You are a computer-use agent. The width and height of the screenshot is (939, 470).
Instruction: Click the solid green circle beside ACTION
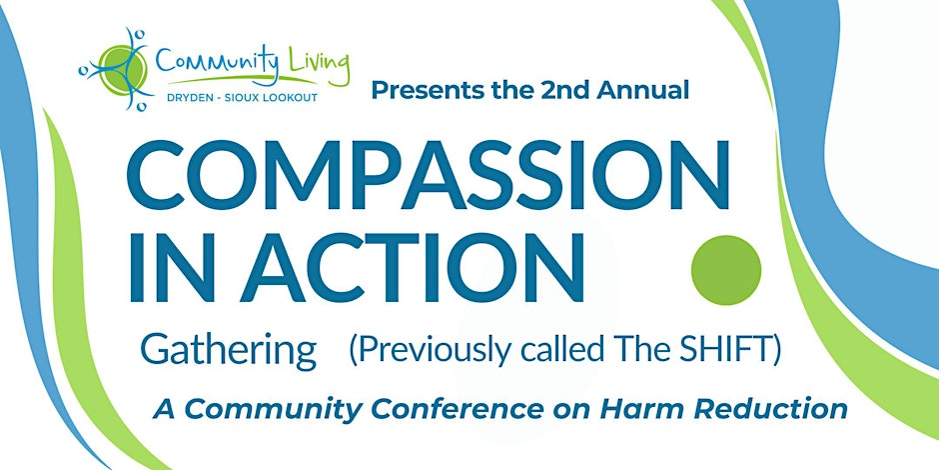coord(726,270)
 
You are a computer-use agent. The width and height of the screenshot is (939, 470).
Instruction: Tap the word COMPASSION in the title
coord(428,174)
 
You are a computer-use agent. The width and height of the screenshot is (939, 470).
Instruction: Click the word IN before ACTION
coord(172,267)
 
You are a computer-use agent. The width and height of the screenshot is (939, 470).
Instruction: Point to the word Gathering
coord(228,352)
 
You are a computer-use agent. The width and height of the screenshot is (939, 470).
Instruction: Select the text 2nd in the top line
coord(558,91)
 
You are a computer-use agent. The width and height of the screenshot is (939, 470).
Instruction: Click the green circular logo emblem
coord(121,70)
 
